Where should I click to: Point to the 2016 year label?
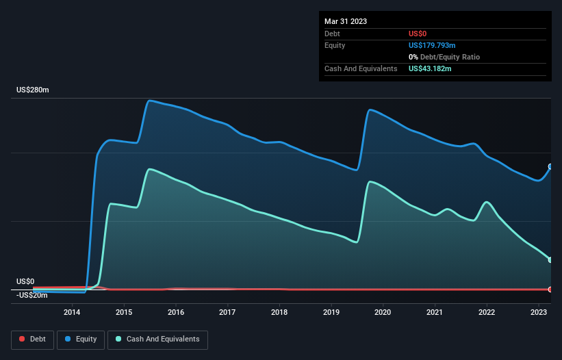tap(176, 313)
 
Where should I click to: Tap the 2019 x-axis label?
tap(331, 313)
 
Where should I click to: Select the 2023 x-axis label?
tap(539, 313)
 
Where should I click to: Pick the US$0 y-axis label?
tap(25, 281)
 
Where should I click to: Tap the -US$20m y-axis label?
tap(32, 295)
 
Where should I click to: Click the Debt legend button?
tap(33, 339)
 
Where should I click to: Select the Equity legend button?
tap(81, 339)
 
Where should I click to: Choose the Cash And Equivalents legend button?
tap(157, 339)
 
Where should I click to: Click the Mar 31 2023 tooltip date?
tap(346, 21)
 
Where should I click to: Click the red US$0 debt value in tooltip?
tap(418, 34)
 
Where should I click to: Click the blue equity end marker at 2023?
tap(550, 166)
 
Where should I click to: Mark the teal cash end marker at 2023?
tap(550, 259)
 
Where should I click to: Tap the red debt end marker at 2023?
tap(550, 290)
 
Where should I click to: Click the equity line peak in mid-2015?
tap(149, 101)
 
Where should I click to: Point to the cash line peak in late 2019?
tap(370, 181)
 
